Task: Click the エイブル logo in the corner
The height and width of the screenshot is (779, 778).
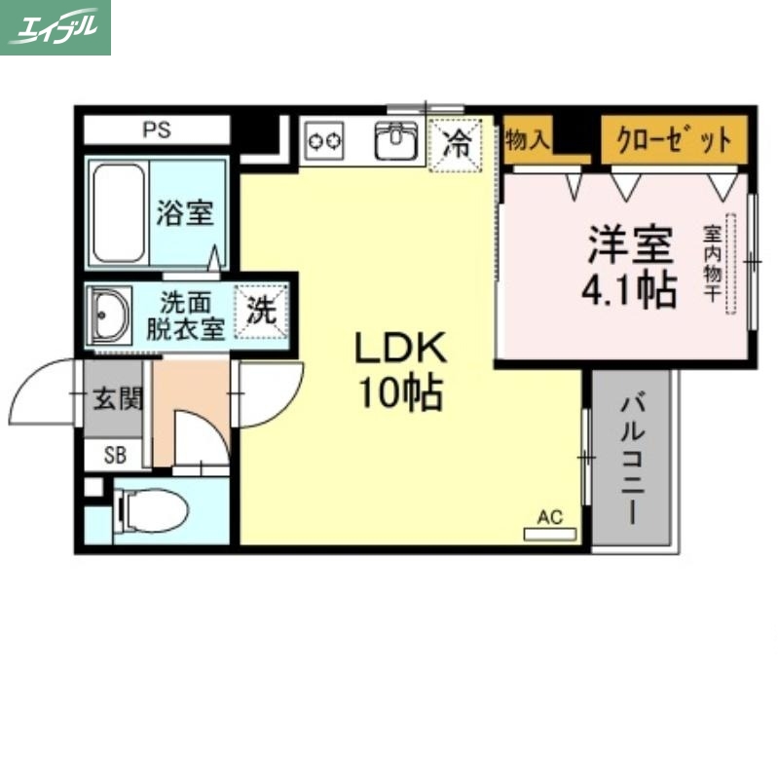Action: [56, 27]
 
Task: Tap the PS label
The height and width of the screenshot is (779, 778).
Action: [156, 130]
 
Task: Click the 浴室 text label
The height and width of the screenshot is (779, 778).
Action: [185, 212]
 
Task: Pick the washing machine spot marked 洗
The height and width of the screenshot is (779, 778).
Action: [261, 311]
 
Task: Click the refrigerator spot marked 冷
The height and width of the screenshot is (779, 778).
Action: [455, 147]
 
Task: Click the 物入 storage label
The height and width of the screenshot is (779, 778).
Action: [527, 140]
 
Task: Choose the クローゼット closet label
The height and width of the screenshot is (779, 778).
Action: [673, 140]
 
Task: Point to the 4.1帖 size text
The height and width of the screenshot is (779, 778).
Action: [628, 289]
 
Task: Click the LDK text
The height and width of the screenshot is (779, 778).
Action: [399, 349]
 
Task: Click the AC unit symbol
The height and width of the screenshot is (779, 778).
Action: [550, 533]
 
